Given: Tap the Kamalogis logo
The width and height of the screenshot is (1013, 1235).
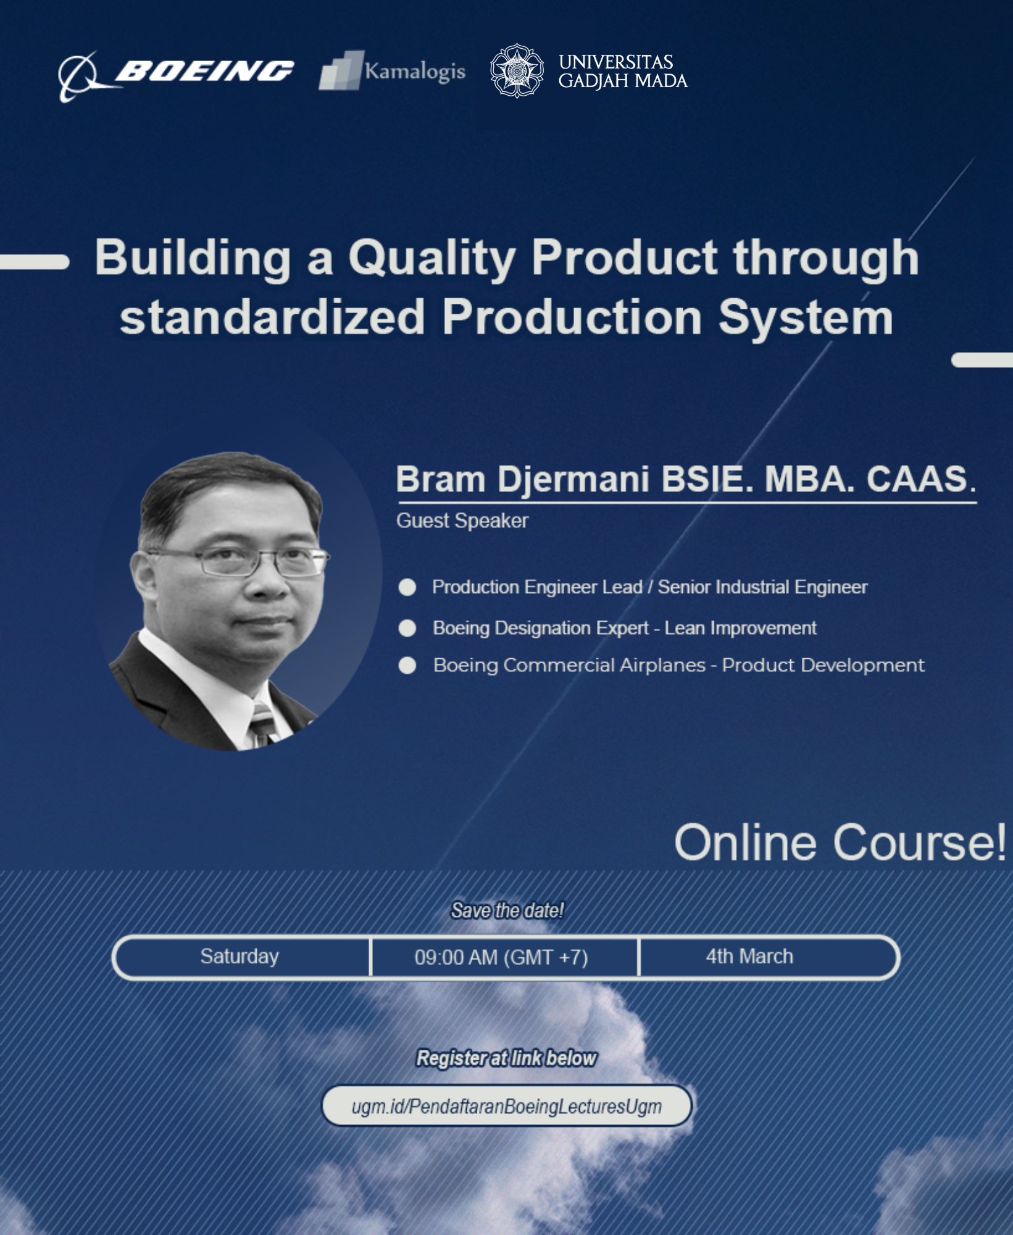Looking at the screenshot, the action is pyautogui.click(x=392, y=71).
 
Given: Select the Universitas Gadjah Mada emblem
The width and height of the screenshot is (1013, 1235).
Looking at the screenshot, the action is pyautogui.click(x=517, y=70).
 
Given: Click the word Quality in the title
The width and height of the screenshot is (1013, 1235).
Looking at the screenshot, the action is pyautogui.click(x=432, y=258).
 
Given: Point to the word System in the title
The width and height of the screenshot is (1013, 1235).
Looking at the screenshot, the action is pyautogui.click(x=806, y=317).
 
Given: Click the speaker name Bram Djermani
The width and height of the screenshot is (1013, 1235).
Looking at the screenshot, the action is pyautogui.click(x=522, y=479).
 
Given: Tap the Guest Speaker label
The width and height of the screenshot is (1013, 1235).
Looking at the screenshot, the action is pyautogui.click(x=462, y=521).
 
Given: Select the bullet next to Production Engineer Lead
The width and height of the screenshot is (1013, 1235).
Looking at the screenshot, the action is pyautogui.click(x=407, y=587).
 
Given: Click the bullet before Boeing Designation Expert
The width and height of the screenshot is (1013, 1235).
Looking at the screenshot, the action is pyautogui.click(x=407, y=628).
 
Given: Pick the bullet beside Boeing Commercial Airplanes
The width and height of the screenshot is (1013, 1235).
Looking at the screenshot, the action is pyautogui.click(x=407, y=666).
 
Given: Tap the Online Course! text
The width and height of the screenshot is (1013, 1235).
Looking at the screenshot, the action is pyautogui.click(x=840, y=842).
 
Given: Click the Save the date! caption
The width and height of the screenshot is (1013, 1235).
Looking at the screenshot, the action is pyautogui.click(x=507, y=910).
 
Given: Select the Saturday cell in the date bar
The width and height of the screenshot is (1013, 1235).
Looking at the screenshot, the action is pyautogui.click(x=241, y=957).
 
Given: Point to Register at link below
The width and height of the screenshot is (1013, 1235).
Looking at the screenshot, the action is pyautogui.click(x=507, y=1058).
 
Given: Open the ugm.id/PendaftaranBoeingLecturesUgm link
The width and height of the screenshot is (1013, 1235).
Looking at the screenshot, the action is pyautogui.click(x=507, y=1106).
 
